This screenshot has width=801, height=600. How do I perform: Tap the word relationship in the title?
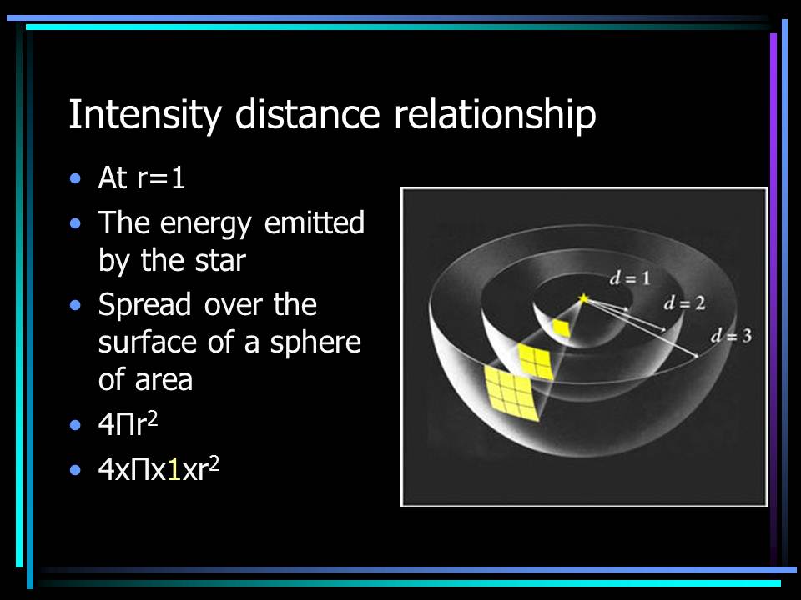click(495, 116)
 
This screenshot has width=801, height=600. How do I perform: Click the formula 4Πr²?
click(128, 423)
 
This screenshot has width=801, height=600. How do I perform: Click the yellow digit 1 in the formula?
click(174, 468)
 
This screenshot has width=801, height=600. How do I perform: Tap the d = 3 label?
click(732, 336)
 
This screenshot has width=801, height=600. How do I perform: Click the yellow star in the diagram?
click(583, 297)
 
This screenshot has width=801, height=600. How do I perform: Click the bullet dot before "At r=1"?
click(77, 178)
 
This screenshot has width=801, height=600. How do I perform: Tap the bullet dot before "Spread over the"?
click(77, 305)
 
